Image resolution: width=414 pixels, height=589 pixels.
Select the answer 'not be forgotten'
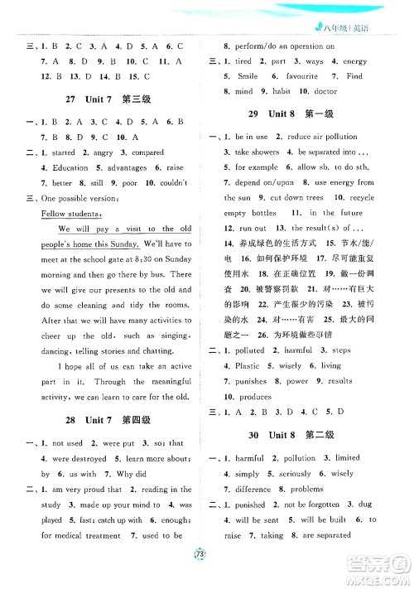pyautogui.click(x=321, y=504)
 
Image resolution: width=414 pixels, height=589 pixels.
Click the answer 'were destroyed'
pyautogui.click(x=65, y=458)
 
